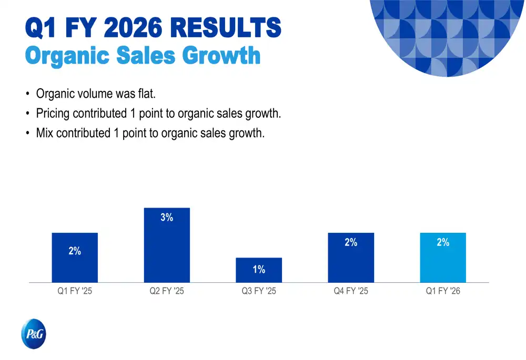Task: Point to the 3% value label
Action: (x=167, y=218)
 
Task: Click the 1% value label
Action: (x=259, y=270)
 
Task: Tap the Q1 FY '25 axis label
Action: (x=75, y=291)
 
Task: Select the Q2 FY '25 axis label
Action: (x=167, y=291)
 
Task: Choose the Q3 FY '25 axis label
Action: (x=259, y=291)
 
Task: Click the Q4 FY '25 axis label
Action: (x=351, y=291)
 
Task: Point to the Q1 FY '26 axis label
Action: (x=443, y=291)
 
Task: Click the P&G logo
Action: (x=34, y=334)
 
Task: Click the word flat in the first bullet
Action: (x=145, y=94)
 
